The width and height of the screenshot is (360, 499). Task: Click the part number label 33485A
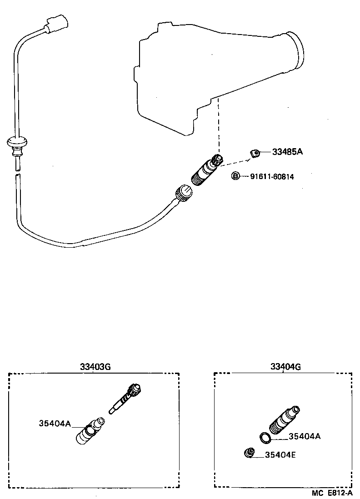(x=287, y=152)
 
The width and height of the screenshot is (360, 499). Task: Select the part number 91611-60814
(x=272, y=176)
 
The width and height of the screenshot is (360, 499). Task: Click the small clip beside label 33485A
(x=255, y=154)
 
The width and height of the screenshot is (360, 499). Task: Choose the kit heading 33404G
(x=285, y=367)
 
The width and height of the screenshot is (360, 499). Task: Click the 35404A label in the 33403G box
(x=55, y=424)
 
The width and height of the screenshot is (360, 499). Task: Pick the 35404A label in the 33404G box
(x=305, y=436)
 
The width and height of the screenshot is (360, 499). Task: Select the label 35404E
(x=280, y=454)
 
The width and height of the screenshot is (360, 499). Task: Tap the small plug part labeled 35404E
(x=249, y=453)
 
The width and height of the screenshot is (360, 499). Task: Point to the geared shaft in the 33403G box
(x=127, y=398)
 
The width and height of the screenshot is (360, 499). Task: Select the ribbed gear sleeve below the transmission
(x=205, y=171)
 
